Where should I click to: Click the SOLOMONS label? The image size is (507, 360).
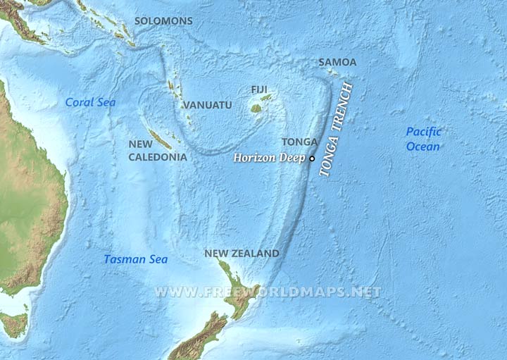tap(164, 21)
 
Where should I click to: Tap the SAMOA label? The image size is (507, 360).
tap(337, 62)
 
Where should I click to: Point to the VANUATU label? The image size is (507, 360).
tap(207, 105)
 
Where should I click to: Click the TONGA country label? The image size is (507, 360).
tap(299, 142)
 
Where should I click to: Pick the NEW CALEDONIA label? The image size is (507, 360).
tap(158, 150)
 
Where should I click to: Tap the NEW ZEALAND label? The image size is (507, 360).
tap(242, 253)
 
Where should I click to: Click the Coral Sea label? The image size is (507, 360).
tap(90, 102)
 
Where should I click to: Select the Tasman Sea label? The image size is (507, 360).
tap(136, 259)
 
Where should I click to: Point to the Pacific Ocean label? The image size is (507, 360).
tap(423, 139)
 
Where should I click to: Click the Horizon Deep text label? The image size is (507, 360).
tap(270, 159)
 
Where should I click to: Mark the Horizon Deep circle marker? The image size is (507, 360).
tap(312, 159)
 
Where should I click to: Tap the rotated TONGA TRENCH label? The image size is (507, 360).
tap(337, 132)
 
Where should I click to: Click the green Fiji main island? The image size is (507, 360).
tap(256, 109)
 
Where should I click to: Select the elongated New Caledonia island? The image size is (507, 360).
tap(160, 139)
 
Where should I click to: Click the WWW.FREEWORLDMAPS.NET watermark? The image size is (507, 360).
tap(268, 292)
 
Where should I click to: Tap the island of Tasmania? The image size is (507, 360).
tap(13, 325)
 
